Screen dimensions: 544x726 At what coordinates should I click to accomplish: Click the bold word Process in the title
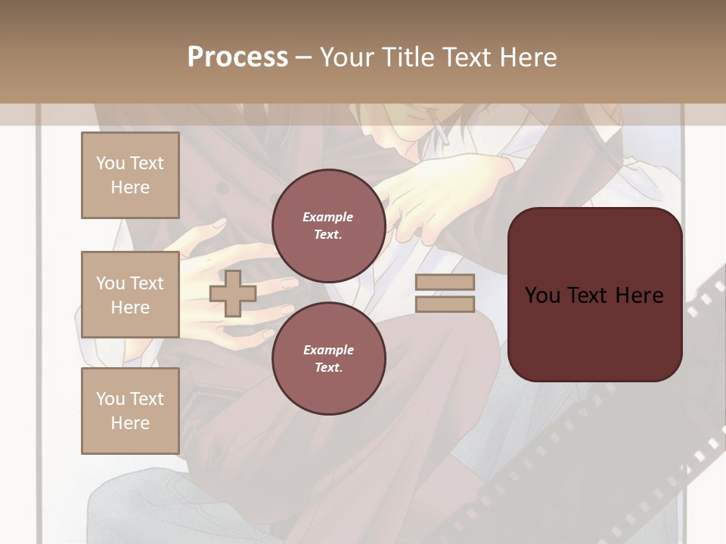[x=237, y=57]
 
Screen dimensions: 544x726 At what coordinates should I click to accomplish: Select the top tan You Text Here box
[x=130, y=175]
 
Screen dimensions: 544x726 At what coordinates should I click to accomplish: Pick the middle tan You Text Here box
[x=130, y=295]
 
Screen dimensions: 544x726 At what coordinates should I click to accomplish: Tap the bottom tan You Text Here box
[x=130, y=411]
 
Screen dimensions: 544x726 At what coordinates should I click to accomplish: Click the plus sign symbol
[x=232, y=293]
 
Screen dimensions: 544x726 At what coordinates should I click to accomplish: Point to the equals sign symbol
[x=445, y=293]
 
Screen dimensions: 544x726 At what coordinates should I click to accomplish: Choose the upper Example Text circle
[x=328, y=226]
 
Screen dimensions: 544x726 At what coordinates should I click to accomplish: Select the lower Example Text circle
[x=328, y=359]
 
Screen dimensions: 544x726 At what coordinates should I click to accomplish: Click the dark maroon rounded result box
[x=594, y=295]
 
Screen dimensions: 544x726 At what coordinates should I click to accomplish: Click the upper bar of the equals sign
[x=445, y=283]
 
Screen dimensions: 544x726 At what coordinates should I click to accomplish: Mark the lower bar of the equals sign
[x=445, y=304]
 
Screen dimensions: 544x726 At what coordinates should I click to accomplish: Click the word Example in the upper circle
[x=328, y=217]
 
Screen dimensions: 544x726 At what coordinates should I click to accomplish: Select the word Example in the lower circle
[x=328, y=350]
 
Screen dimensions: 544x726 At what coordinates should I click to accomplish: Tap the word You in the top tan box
[x=110, y=163]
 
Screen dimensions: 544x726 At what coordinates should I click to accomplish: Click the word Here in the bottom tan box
[x=130, y=423]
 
